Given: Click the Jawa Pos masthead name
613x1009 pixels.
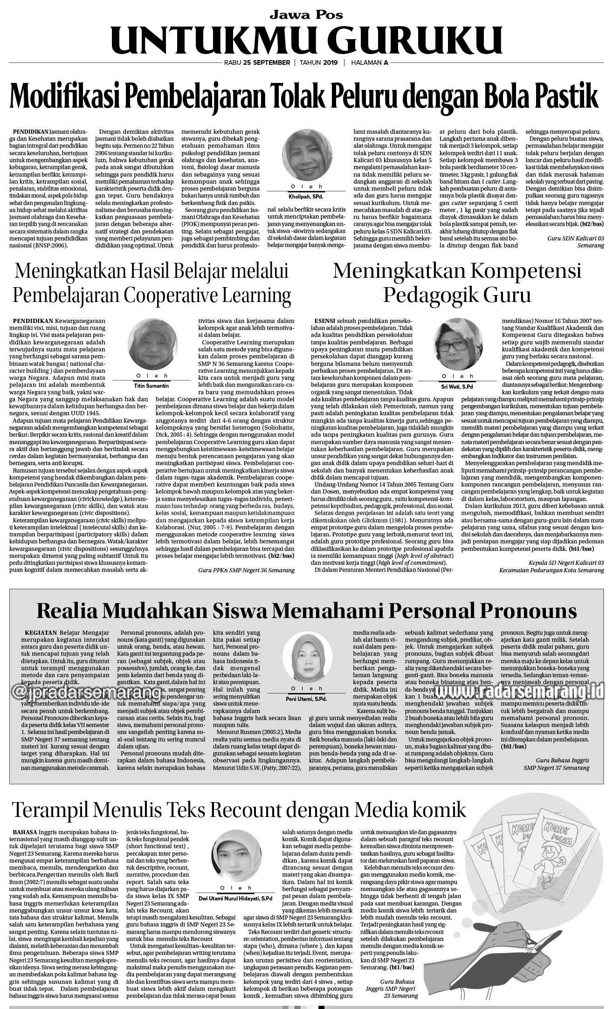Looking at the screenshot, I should (x=306, y=14).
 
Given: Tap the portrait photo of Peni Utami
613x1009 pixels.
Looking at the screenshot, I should (x=306, y=657).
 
